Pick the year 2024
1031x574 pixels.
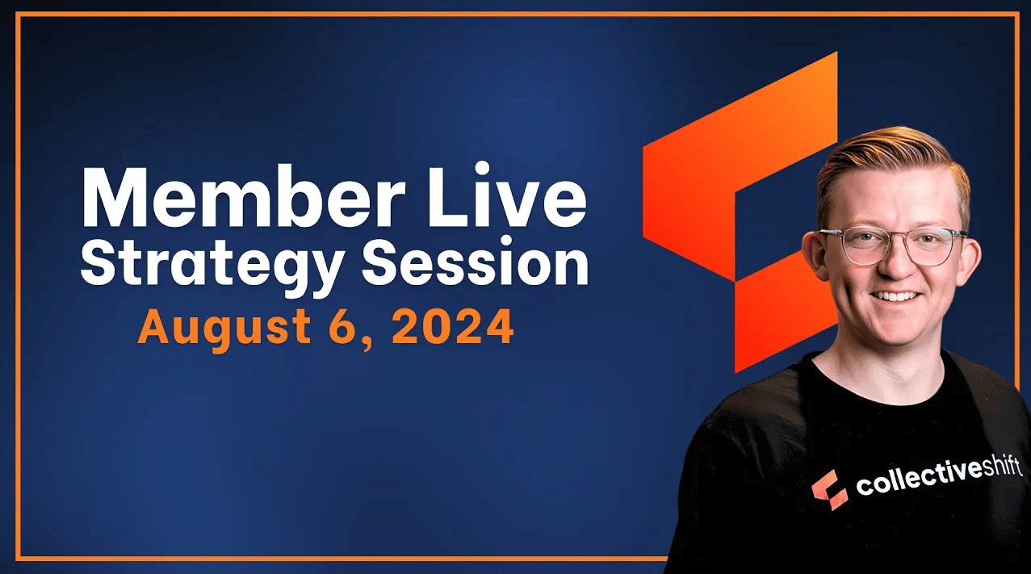pyautogui.click(x=452, y=328)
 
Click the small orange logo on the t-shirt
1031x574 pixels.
pyautogui.click(x=829, y=489)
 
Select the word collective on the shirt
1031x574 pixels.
pyautogui.click(x=916, y=480)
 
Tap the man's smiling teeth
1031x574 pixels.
pyautogui.click(x=895, y=296)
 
